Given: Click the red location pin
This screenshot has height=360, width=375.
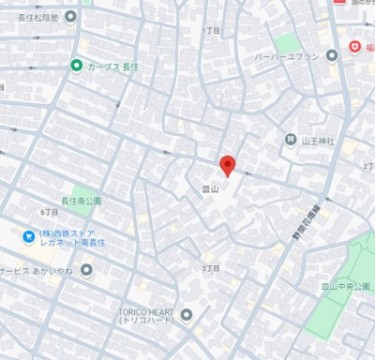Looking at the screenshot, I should click(226, 165).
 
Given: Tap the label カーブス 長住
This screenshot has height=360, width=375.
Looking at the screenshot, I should click(113, 66).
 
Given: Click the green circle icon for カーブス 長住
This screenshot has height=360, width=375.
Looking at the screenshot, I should click(76, 66).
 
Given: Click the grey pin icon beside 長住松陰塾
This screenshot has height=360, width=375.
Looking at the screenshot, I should click(85, 2).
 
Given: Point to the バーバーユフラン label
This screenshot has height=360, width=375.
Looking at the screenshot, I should click(286, 56).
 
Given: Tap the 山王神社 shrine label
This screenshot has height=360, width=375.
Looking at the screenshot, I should click(318, 140).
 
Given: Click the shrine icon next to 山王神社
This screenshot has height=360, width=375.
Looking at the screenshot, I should click(291, 140).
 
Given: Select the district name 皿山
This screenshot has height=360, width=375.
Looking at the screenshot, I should click(210, 188).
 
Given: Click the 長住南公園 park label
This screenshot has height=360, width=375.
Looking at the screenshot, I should click(81, 201).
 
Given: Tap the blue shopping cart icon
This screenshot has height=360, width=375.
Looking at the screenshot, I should click(29, 236).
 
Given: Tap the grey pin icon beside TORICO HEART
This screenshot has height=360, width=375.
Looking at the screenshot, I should click(187, 315).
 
